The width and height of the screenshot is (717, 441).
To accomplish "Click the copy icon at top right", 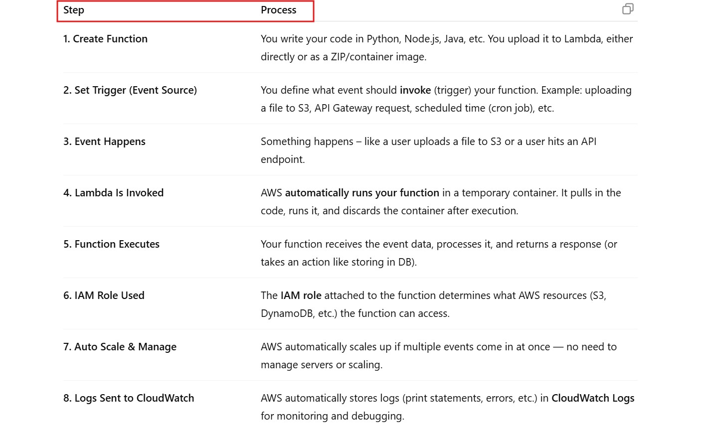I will click(x=628, y=9).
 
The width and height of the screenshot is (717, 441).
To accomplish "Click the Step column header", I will click(x=74, y=10).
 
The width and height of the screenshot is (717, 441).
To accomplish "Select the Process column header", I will click(x=278, y=10).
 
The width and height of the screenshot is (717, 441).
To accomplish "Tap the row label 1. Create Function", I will click(x=105, y=39).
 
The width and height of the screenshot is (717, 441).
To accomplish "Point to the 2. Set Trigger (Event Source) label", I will click(x=130, y=90).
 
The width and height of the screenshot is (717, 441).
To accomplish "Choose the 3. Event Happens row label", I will click(x=104, y=142).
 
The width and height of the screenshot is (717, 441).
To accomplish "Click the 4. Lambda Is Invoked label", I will click(x=113, y=193).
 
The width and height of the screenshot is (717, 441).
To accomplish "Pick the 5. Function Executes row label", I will click(x=111, y=244).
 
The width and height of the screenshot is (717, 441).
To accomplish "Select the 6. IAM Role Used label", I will click(x=104, y=295).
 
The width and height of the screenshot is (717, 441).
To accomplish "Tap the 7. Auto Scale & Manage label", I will click(x=120, y=347).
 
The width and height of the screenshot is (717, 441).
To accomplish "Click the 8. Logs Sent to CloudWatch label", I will click(x=129, y=398).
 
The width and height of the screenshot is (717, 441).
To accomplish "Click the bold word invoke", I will click(x=415, y=90).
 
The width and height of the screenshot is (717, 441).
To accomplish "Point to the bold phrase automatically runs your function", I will click(x=362, y=193).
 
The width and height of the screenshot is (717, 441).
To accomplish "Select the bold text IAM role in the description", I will click(x=301, y=295).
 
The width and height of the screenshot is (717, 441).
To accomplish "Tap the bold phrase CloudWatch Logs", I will click(x=593, y=398).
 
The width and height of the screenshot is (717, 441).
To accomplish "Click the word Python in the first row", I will click(x=383, y=39).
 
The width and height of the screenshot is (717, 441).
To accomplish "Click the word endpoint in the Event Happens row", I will click(x=282, y=159).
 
